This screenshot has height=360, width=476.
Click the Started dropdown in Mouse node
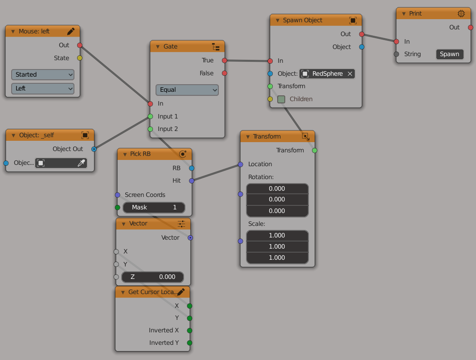42,74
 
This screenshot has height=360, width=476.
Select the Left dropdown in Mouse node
42,88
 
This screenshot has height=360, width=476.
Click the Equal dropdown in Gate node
187,90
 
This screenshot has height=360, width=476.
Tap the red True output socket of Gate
225,60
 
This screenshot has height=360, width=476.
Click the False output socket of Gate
225,73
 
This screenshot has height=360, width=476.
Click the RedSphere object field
323,74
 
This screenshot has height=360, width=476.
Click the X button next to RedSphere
350,74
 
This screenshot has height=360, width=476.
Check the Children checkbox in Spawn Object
281,99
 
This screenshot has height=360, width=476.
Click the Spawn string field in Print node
449,54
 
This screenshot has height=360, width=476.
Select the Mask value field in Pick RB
154,207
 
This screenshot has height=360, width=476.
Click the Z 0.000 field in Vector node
150,277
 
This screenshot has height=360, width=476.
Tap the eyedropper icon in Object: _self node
81,163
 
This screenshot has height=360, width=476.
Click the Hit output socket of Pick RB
192,180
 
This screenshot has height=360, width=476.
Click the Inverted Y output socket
189,343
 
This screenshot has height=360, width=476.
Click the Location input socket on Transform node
240,164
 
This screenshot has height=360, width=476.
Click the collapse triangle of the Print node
402,14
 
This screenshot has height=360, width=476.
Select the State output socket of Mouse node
80,58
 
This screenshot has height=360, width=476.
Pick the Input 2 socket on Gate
150,129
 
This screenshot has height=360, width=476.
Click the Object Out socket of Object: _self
94,149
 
